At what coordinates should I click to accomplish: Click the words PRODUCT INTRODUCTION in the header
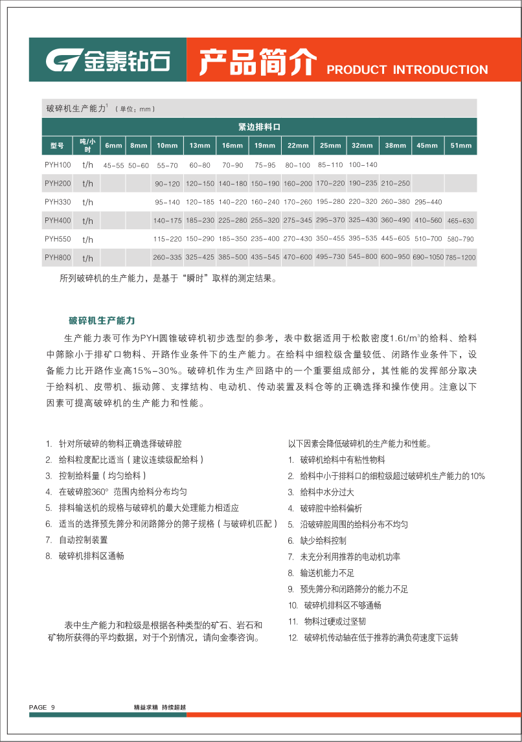(407, 70)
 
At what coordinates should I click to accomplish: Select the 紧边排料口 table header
(259, 127)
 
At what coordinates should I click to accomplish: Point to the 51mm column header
(460, 146)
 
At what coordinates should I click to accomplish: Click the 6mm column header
(113, 146)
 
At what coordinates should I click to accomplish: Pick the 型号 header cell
(57, 146)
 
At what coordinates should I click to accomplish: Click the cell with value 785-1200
(460, 258)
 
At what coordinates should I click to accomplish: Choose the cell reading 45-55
(113, 166)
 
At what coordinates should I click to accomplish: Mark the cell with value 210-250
(395, 184)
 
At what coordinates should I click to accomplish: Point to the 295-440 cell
(428, 202)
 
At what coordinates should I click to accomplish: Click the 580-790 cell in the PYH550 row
(460, 240)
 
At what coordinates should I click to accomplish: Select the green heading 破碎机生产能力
(102, 320)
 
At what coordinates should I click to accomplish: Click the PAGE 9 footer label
(42, 707)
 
